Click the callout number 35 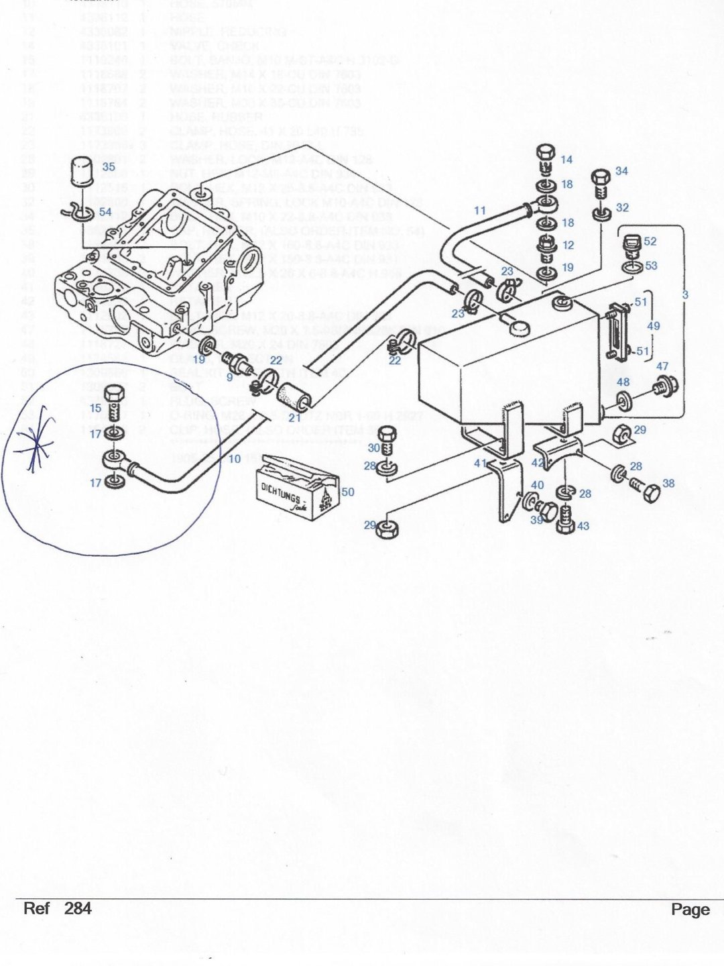tap(109, 166)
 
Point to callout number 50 tap(348, 492)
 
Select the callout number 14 tap(567, 160)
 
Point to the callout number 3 tap(685, 294)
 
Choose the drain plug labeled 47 tap(667, 387)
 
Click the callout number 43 tap(583, 526)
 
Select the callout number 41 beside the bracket tap(479, 463)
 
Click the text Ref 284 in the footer tap(57, 909)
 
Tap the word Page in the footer tap(690, 910)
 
